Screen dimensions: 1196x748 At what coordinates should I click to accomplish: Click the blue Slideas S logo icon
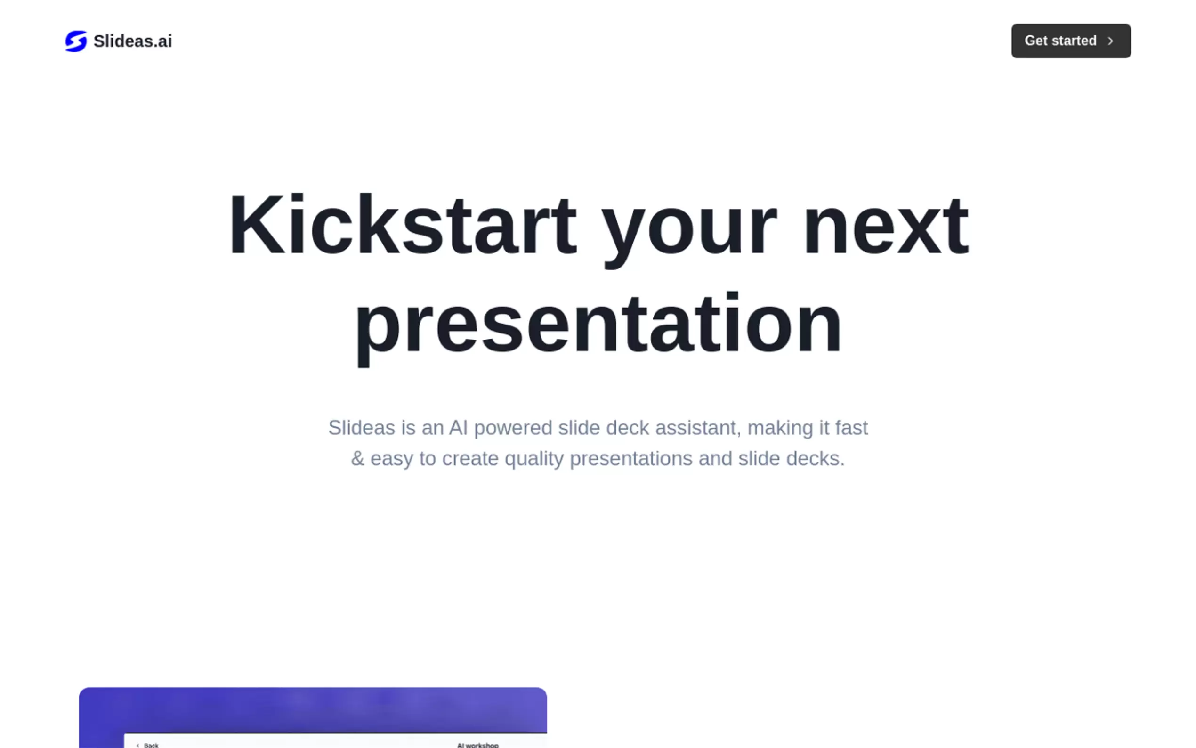coord(76,41)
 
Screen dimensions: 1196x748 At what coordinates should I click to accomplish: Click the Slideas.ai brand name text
coord(132,41)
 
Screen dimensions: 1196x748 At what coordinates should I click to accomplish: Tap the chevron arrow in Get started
coord(1110,41)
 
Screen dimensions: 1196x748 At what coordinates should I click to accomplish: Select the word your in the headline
coord(689,233)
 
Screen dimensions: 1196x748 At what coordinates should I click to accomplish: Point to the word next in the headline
coord(886,227)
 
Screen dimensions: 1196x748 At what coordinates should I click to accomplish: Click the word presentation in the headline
coord(598,326)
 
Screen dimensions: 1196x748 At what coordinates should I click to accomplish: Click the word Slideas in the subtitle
coord(362,427)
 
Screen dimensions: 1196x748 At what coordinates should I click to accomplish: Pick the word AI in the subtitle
coord(458,427)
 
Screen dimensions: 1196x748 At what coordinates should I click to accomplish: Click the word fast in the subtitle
coord(851,427)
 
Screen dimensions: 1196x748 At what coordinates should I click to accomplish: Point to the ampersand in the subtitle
coord(357,459)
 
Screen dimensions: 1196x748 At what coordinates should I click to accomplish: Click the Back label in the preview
coord(151,745)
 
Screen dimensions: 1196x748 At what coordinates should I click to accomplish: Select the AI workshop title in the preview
coord(477,745)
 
